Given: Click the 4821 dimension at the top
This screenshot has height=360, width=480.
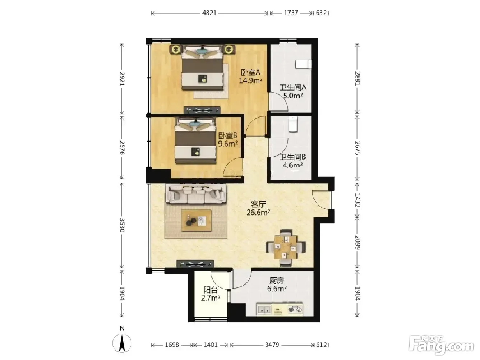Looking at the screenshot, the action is [209, 13].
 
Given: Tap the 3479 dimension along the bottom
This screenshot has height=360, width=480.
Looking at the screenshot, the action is [272, 345].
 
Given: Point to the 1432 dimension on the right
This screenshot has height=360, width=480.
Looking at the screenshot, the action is [357, 200].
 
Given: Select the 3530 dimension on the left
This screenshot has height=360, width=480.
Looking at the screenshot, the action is [122, 225].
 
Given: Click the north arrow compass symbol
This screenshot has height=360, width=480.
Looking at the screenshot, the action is [122, 343].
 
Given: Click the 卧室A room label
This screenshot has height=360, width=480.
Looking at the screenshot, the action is [251, 72].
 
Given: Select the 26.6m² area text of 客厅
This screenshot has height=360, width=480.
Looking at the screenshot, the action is [258, 212].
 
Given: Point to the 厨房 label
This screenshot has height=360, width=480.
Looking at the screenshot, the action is [277, 281].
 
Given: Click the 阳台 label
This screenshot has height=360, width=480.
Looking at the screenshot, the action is [211, 290].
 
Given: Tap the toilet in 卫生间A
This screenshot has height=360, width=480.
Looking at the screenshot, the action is [304, 64].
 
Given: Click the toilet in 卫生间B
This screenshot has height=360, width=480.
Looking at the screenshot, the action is [293, 124].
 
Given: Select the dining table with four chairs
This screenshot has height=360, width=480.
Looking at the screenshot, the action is [286, 248].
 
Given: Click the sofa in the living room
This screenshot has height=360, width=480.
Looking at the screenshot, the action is [195, 194].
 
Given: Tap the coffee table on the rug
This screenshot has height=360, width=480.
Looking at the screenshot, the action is [197, 220].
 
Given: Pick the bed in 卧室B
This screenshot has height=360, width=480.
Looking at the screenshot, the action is [195, 141].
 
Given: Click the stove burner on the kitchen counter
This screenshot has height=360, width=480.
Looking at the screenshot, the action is [291, 310].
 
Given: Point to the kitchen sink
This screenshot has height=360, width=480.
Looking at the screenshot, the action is [264, 309].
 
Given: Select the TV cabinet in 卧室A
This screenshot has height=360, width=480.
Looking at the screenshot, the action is [202, 110].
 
